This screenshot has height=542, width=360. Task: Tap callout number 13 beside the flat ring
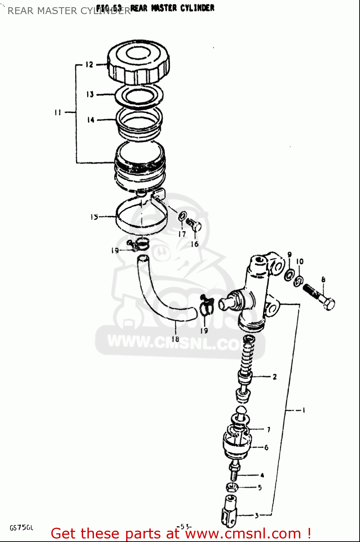tap(90, 94)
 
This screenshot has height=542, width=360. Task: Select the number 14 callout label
tap(90, 120)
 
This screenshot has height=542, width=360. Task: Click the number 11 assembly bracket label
tap(58, 112)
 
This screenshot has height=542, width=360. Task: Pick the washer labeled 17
tap(183, 216)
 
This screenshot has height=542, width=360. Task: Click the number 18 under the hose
tap(175, 339)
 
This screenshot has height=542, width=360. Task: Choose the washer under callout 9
tap(289, 275)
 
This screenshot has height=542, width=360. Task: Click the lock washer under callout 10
tap(299, 280)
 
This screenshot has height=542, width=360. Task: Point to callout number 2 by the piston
tap(275, 377)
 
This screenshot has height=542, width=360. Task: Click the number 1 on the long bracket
tap(304, 410)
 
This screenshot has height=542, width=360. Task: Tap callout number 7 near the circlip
tap(269, 430)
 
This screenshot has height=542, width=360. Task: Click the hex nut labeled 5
tap(231, 487)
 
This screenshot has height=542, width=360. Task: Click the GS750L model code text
tap(21, 528)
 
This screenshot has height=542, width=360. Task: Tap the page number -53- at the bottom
tap(184, 526)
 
